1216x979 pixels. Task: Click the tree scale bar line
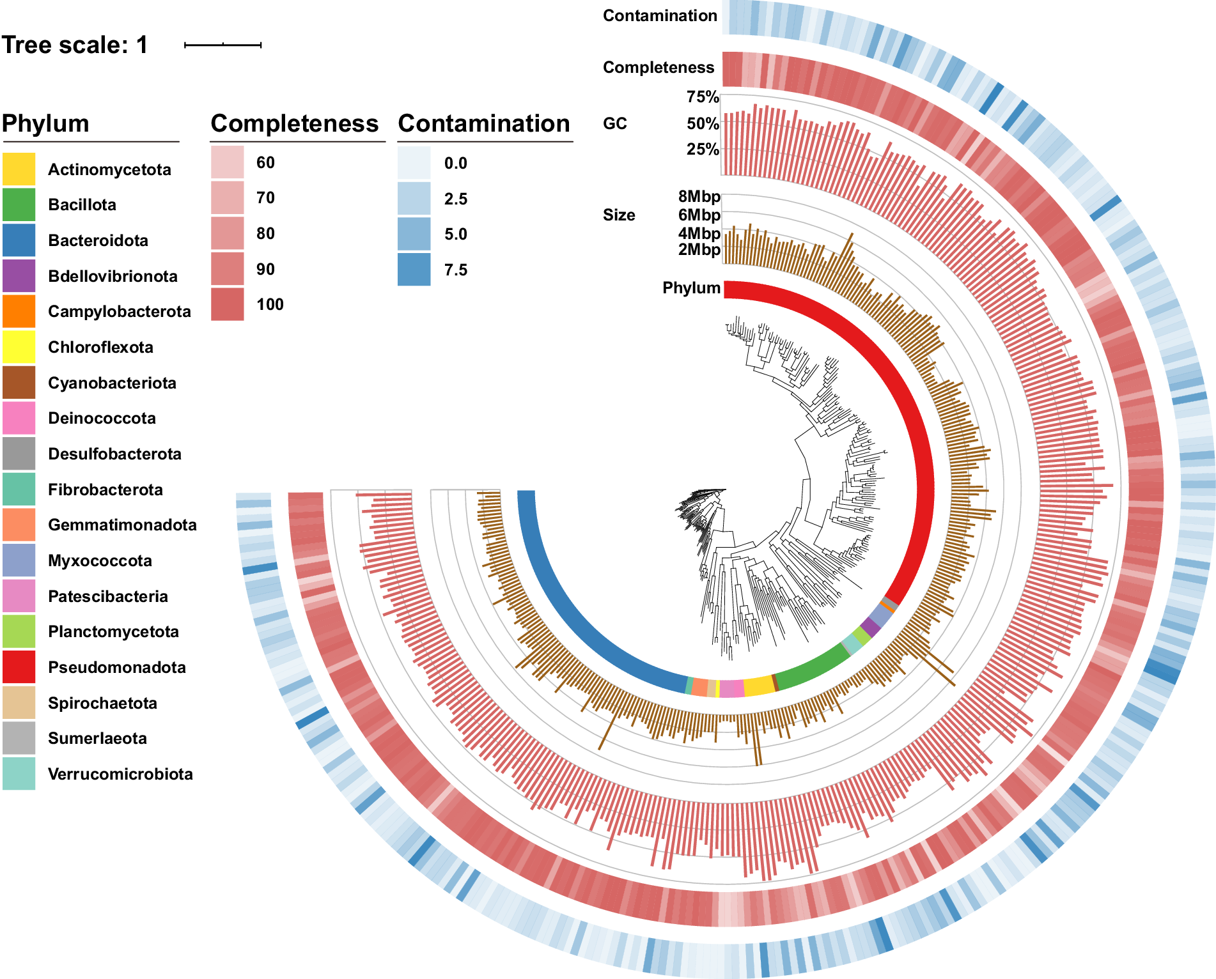[x=222, y=45]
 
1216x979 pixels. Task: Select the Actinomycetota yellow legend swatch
[x=19, y=169]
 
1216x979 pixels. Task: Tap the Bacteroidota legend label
[x=98, y=240]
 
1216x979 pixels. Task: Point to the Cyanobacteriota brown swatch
[x=19, y=382]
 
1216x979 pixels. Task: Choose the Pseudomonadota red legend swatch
[x=19, y=667]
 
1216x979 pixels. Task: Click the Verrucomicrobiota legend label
[x=120, y=774]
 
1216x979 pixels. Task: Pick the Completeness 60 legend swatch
[x=227, y=162]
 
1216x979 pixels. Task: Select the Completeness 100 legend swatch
[x=227, y=304]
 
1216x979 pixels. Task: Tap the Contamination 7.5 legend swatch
[x=414, y=270]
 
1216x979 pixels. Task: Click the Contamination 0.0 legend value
[x=455, y=163]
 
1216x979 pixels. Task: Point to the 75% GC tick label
[x=703, y=96]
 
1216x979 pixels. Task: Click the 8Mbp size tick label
[x=699, y=196]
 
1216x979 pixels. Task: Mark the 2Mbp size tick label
[x=699, y=250]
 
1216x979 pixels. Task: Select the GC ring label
[x=614, y=123]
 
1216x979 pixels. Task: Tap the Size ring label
[x=618, y=215]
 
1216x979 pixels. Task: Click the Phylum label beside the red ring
[x=691, y=288]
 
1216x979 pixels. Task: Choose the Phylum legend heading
[x=45, y=123]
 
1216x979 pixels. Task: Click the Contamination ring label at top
[x=660, y=15]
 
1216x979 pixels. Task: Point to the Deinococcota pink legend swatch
[x=19, y=418]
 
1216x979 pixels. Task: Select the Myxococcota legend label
[x=100, y=560]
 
